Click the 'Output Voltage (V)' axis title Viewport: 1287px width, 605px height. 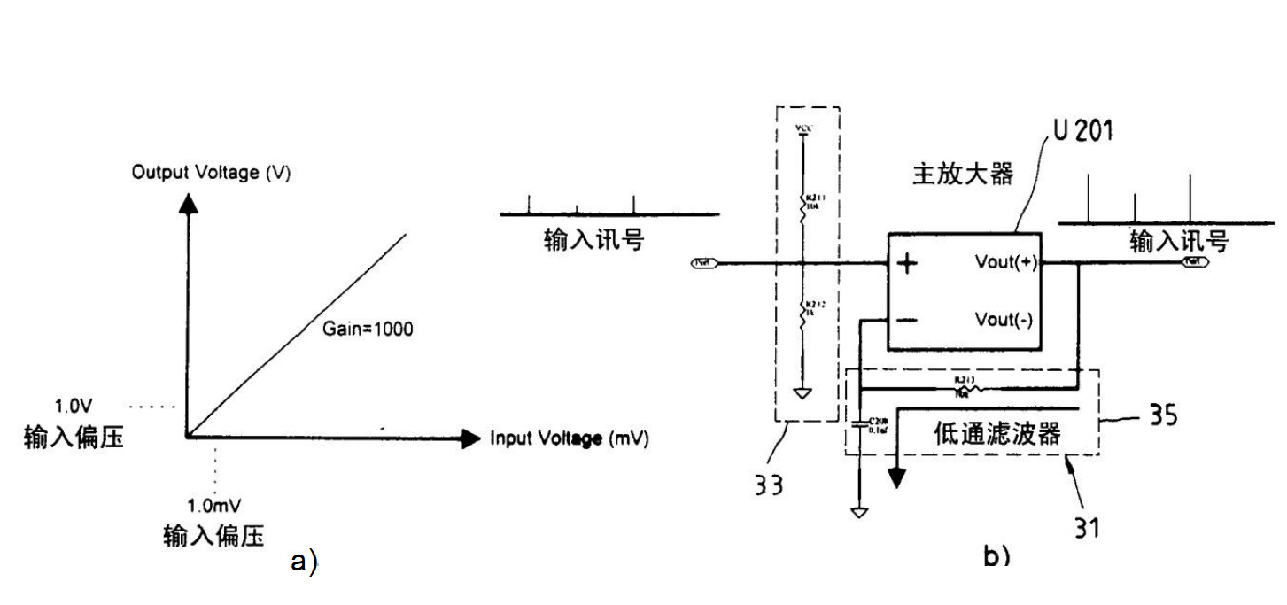point(211,172)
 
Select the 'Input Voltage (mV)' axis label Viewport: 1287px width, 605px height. point(569,438)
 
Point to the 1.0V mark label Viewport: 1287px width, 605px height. point(73,407)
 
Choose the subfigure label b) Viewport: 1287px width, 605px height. point(996,555)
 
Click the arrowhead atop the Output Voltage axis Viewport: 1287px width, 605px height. point(187,202)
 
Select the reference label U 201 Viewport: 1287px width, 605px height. point(1083,131)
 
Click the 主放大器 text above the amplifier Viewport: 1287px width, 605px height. point(963,174)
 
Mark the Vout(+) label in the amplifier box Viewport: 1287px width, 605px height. point(1004,263)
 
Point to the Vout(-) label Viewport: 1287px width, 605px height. point(1004,319)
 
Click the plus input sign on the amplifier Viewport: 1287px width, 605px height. point(907,264)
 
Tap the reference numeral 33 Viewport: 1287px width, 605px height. point(769,485)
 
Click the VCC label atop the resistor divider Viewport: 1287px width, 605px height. point(802,128)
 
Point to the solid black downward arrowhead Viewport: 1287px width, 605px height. point(897,479)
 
